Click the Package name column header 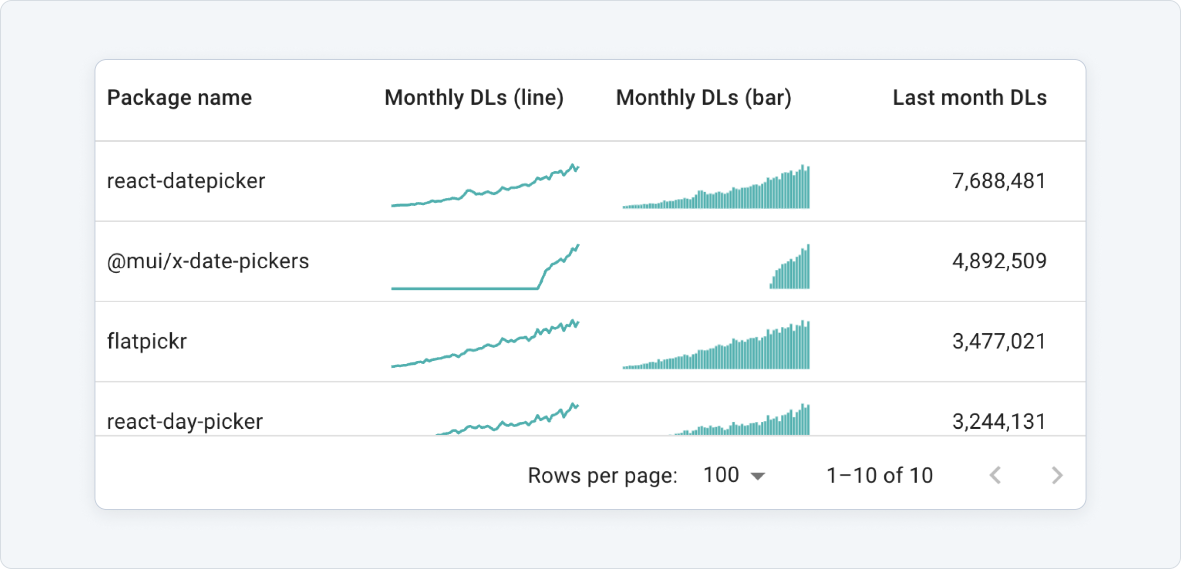coord(179,97)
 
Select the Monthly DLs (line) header coord(474,97)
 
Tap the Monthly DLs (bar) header coord(704,97)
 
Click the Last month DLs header coord(969,97)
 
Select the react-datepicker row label coord(186,181)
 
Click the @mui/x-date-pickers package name coord(208,261)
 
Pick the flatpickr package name coord(147,342)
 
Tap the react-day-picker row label coord(185,421)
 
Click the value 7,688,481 coord(999,181)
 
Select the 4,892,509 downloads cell coord(999,261)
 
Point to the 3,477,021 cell coord(999,342)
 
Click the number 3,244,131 coord(999,421)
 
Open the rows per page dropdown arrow coord(758,476)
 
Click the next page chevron coord(1057,475)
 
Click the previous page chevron coord(995,475)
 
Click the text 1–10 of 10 coord(879,475)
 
